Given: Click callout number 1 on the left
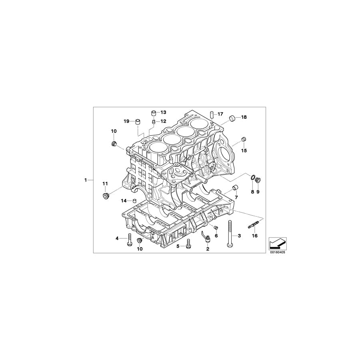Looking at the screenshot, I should coord(86,180).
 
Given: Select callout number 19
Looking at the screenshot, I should coord(126,121).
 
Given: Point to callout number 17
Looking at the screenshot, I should coord(220,114).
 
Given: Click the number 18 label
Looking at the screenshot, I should coord(244,117).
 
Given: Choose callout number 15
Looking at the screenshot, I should coord(244,150).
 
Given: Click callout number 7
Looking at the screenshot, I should coord(236,197).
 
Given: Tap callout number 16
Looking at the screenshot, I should coord(254,236).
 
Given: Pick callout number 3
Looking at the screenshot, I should coord(239,236).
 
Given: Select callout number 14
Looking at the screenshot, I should coord(124,200).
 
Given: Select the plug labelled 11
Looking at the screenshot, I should coord(106,196).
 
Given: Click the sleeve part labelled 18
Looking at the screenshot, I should coord(232,117).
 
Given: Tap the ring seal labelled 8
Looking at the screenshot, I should coord(253,178).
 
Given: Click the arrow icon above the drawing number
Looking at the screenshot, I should coord(277,242).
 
